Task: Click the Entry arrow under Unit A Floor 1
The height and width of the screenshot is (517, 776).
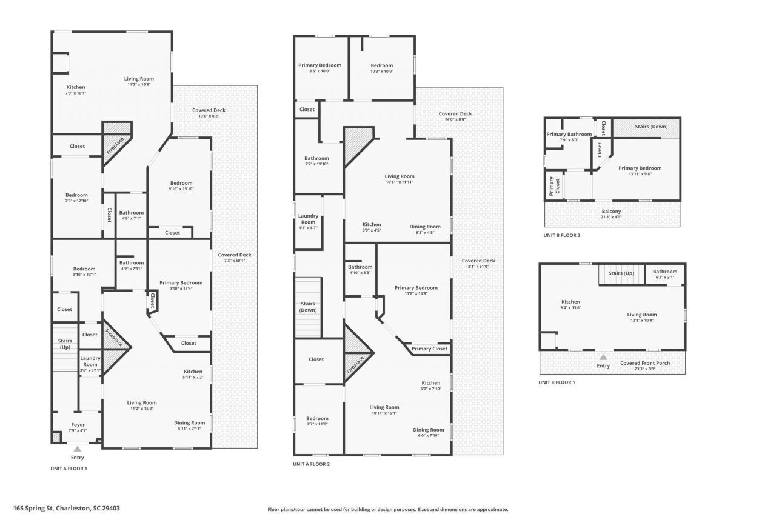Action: click(x=77, y=449)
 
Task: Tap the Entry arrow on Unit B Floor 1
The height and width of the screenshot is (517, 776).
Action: click(x=603, y=357)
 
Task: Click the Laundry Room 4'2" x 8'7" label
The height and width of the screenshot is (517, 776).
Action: click(x=308, y=219)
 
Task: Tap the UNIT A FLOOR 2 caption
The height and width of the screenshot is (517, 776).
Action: click(x=312, y=464)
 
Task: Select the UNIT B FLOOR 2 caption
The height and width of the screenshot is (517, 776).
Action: click(x=561, y=235)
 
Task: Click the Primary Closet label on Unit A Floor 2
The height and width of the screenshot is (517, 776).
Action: click(x=430, y=349)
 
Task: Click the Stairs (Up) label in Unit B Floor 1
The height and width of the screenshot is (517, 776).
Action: click(x=620, y=273)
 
